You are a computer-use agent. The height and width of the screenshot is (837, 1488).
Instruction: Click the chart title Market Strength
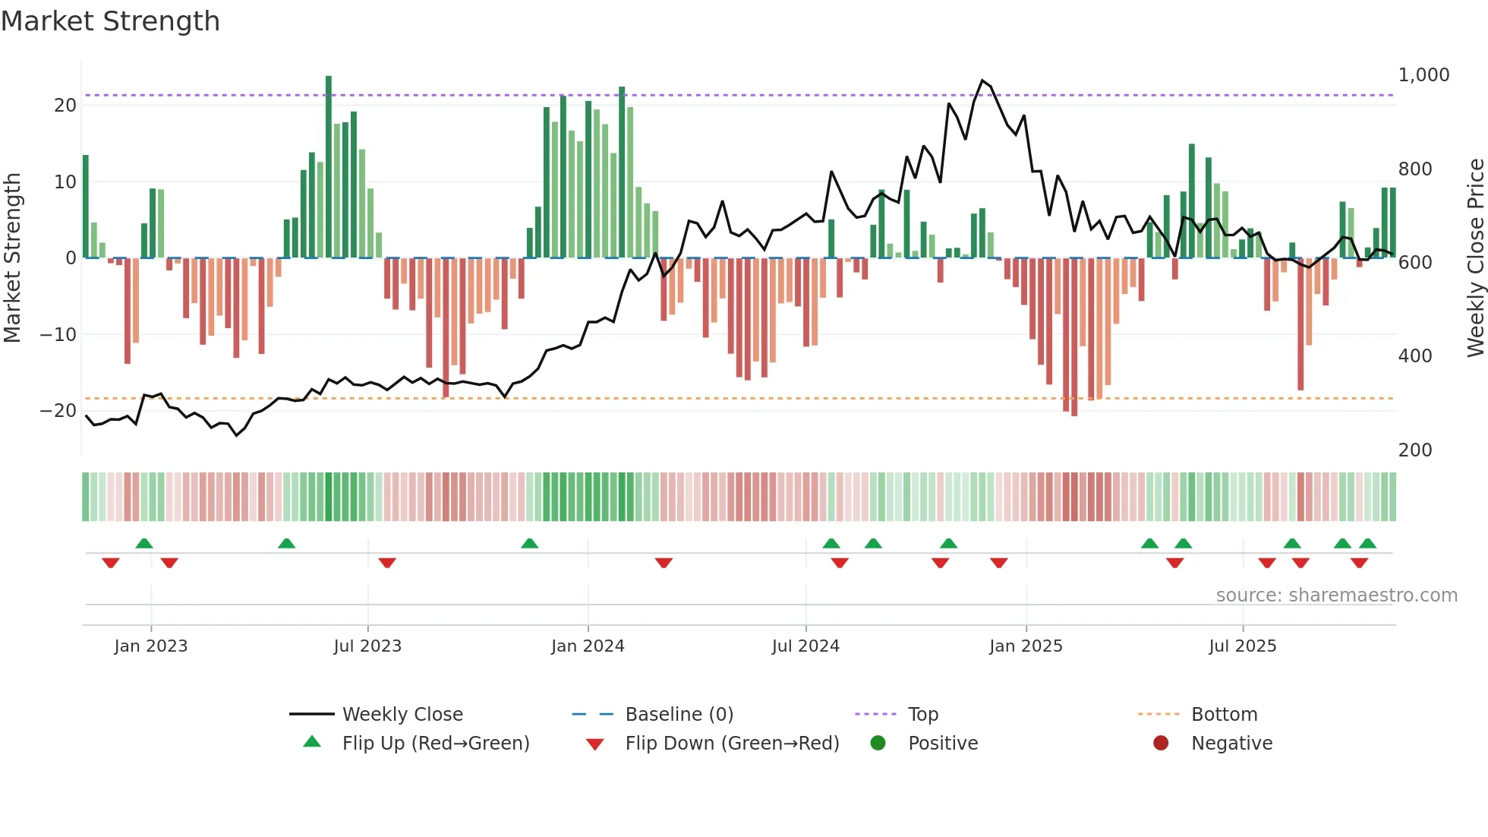click(x=110, y=21)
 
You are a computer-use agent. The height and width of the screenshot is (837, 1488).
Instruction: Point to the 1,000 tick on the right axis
click(x=1423, y=75)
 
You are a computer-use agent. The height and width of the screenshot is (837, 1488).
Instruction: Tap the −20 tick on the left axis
click(x=58, y=411)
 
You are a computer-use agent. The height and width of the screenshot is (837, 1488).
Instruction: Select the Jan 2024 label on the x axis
click(x=588, y=646)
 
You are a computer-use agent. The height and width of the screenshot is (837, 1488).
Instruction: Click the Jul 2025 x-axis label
click(x=1242, y=646)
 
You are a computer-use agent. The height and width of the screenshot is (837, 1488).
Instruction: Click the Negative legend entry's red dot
click(x=1161, y=743)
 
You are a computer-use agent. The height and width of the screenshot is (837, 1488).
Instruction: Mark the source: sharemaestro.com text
click(x=1336, y=595)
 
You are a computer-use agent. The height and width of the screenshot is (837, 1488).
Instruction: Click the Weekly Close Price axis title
click(x=1475, y=258)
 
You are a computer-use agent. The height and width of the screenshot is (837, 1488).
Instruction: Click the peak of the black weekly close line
click(x=982, y=81)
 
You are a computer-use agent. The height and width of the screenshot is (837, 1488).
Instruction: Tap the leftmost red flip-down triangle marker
click(x=111, y=563)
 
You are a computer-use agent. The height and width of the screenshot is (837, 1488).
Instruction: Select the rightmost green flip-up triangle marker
click(x=1367, y=543)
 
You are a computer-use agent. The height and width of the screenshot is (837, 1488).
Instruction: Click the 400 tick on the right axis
click(x=1415, y=356)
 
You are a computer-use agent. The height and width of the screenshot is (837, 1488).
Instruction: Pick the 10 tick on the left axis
click(x=65, y=182)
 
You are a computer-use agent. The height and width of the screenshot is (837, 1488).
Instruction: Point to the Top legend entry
click(x=922, y=715)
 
